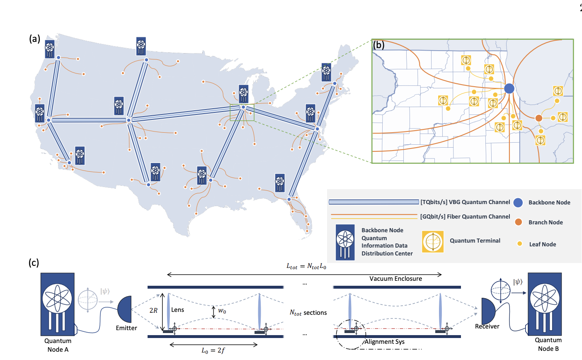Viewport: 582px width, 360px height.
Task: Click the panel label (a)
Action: click(34, 39)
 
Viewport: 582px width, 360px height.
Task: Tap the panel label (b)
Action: click(379, 45)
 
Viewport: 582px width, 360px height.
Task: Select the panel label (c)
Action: click(34, 263)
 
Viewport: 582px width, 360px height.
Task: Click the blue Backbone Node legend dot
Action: click(518, 202)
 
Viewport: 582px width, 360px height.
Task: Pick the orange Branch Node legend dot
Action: click(518, 222)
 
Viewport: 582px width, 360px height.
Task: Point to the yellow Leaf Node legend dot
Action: click(519, 244)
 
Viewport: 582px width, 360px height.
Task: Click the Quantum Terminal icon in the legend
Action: click(433, 241)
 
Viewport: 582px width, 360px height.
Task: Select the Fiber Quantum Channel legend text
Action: click(465, 216)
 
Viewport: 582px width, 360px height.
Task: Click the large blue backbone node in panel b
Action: click(509, 88)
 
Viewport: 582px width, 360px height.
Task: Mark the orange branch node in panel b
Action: click(538, 118)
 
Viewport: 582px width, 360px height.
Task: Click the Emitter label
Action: click(126, 328)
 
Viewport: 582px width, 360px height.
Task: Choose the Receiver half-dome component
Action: click(488, 311)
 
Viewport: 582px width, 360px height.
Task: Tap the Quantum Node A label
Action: click(58, 345)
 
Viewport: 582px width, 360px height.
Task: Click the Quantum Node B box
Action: click(545, 304)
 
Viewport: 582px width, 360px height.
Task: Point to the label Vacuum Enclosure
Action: click(395, 279)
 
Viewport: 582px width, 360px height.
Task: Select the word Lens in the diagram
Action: click(177, 310)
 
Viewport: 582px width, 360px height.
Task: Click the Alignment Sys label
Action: click(385, 342)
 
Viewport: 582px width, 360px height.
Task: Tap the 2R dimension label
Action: click(153, 310)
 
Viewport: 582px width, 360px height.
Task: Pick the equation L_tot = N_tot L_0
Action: click(306, 266)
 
